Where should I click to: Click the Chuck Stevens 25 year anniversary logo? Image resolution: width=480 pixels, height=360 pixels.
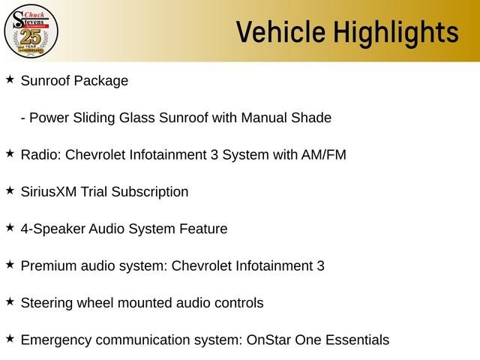(31, 31)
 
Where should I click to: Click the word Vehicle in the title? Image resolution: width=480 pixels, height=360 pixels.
(280, 31)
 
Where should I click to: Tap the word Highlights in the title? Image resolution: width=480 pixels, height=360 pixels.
(396, 33)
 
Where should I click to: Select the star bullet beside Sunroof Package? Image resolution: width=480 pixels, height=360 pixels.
(10, 79)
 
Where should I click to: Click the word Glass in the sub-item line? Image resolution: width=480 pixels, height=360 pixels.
(136, 118)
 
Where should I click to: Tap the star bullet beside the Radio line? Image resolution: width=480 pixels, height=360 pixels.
(10, 154)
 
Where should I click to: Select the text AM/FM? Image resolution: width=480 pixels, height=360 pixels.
(323, 154)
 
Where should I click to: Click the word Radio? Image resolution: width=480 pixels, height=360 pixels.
(41, 154)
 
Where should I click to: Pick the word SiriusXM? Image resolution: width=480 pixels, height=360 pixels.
(49, 192)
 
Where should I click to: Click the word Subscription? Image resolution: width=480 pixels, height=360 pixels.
(150, 193)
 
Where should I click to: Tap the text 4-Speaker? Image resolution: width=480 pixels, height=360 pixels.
(52, 229)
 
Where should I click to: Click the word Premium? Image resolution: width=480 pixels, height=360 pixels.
(49, 266)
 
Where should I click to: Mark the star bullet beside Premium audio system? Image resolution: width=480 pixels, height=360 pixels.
(10, 265)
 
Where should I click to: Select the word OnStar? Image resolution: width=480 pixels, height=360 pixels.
(268, 340)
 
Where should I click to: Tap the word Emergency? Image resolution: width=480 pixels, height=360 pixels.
(56, 340)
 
